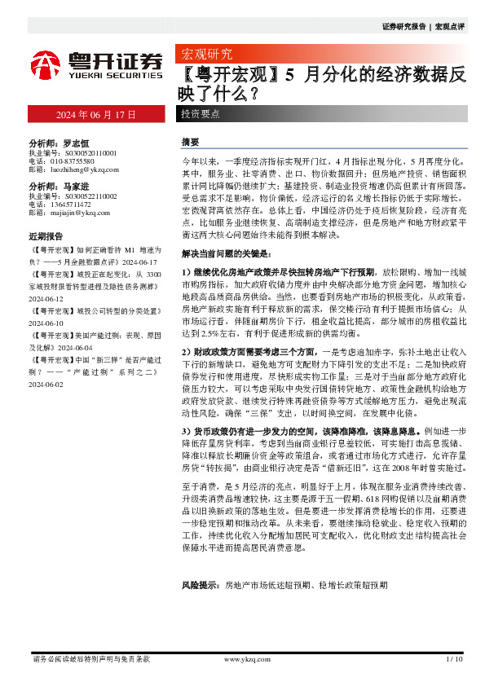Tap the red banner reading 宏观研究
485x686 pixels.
point(205,55)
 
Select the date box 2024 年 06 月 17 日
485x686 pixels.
point(95,114)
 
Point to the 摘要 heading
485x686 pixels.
point(190,142)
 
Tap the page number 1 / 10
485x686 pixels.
point(454,659)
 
